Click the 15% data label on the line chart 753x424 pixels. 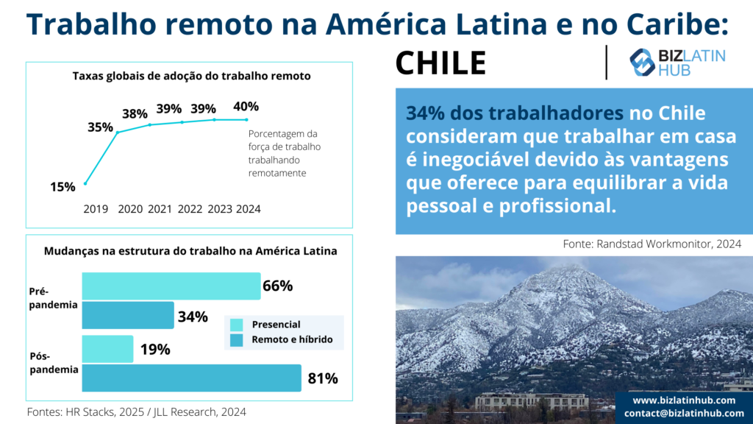pyautogui.click(x=63, y=187)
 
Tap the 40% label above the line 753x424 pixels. pyautogui.click(x=246, y=106)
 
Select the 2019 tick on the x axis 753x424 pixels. pyautogui.click(x=96, y=209)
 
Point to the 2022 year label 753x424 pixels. pyautogui.click(x=190, y=209)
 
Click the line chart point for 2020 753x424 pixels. pyautogui.click(x=118, y=132)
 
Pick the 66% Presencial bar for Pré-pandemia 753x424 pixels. pyautogui.click(x=171, y=286)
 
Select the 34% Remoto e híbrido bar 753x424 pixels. pyautogui.click(x=128, y=315)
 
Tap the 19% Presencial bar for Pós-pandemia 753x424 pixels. pyautogui.click(x=107, y=349)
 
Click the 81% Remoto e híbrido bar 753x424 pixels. pyautogui.click(x=192, y=378)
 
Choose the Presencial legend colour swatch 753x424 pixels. pyautogui.click(x=236, y=325)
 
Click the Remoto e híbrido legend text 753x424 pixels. pyautogui.click(x=292, y=339)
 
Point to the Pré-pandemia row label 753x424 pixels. pyautogui.click(x=53, y=298)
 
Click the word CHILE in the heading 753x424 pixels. pyautogui.click(x=441, y=63)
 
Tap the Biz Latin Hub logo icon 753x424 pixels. pyautogui.click(x=642, y=63)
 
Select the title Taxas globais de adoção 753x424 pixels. pyautogui.click(x=192, y=76)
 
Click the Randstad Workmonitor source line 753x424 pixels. pyautogui.click(x=652, y=244)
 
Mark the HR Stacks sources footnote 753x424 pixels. pyautogui.click(x=136, y=412)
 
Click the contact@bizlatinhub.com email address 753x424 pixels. pyautogui.click(x=684, y=413)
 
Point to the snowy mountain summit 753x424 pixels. pyautogui.click(x=571, y=266)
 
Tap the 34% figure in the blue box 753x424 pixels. pyautogui.click(x=426, y=113)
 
